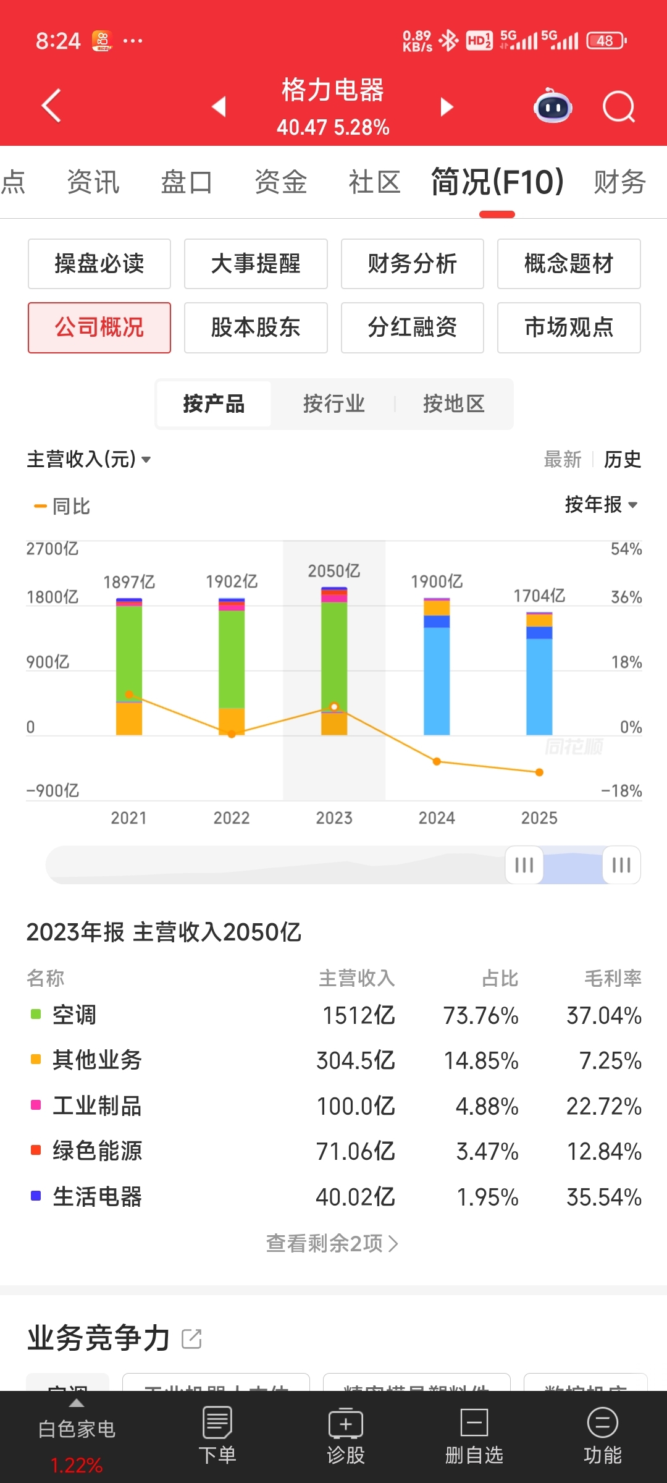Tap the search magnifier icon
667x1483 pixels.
pos(618,107)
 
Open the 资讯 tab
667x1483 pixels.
pos(93,182)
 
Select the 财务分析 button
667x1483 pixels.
pos(412,264)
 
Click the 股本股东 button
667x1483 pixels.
pos(256,327)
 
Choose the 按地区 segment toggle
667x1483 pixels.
pos(453,404)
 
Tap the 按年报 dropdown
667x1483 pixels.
pos(600,505)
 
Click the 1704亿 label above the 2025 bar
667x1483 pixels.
pos(539,596)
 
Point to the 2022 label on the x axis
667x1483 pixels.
pos(232,818)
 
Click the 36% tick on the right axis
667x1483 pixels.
pos(626,597)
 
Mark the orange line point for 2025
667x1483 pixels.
pos(539,772)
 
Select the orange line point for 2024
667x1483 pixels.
pos(437,761)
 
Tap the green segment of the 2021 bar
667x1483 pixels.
pos(129,649)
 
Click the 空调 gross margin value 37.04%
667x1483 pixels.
pos(603,1016)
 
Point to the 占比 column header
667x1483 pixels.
pos(500,979)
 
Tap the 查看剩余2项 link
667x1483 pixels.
pos(332,1243)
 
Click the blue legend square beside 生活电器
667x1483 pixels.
pos(36,1196)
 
